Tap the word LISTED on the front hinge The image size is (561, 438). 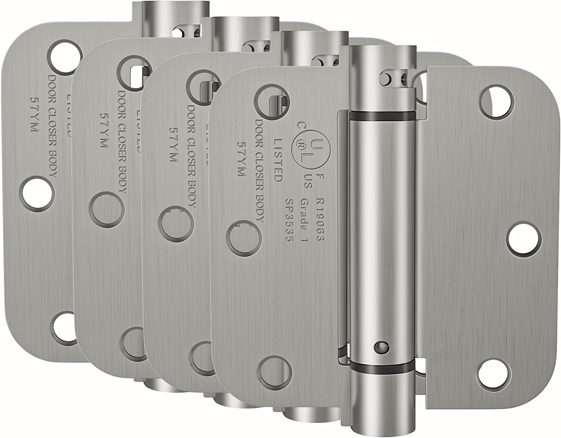point(278,160)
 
